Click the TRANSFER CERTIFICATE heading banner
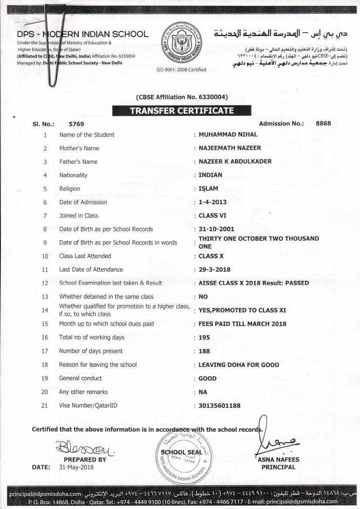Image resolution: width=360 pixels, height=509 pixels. [x=182, y=111]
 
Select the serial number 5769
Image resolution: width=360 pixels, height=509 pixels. [x=76, y=124]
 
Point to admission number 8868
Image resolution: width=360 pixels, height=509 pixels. [x=323, y=123]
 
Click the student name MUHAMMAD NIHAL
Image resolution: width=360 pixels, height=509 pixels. [x=228, y=135]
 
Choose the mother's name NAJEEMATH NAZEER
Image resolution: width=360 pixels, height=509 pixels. [x=230, y=148]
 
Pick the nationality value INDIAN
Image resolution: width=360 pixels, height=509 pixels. [x=210, y=175]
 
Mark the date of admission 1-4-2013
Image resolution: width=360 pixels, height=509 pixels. [x=212, y=202]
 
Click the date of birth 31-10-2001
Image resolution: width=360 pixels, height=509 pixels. [x=216, y=229]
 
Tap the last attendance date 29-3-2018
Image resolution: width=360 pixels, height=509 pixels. [x=214, y=270]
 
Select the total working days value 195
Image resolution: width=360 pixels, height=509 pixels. [x=204, y=337]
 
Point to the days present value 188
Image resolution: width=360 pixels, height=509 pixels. [x=204, y=351]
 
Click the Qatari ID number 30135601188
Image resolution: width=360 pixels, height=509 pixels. [x=219, y=405]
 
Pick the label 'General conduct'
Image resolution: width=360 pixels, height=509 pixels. [x=81, y=378]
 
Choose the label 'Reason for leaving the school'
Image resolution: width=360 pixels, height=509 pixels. [x=98, y=364]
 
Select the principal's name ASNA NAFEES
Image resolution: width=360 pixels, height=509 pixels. [x=278, y=459]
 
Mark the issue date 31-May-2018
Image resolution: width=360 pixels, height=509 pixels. [x=76, y=467]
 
